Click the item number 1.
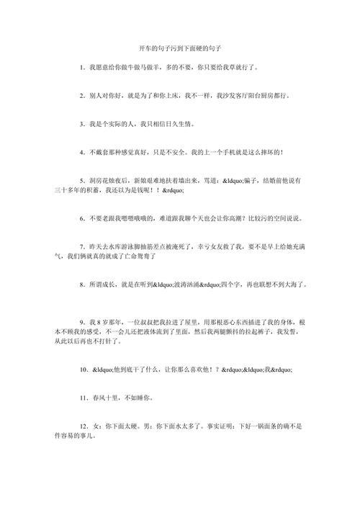pos(83,67)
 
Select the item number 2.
pos(83,95)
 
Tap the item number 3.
pos(83,124)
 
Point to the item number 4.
pos(83,153)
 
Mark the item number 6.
pos(83,218)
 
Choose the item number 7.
pos(83,246)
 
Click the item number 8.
pos(83,285)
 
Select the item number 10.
pos(84,369)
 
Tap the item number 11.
pos(84,397)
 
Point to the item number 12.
pos(84,426)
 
